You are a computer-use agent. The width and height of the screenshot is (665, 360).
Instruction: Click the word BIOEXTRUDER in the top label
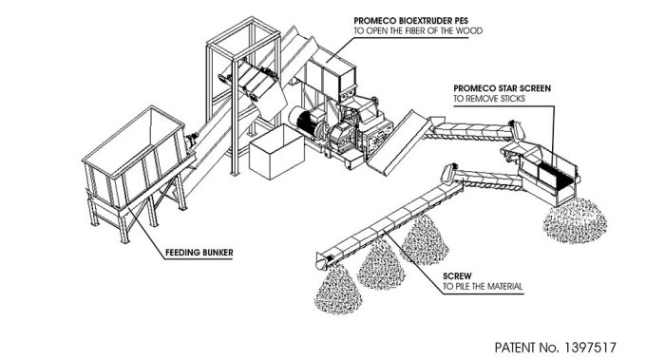[425, 20]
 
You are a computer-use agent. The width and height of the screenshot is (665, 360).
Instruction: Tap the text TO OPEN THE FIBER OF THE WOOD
[418, 30]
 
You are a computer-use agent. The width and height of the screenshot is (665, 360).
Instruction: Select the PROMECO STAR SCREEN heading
[503, 88]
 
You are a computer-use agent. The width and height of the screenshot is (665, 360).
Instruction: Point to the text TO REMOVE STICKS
[489, 99]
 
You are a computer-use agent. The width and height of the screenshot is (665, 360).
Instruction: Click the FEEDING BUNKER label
[199, 253]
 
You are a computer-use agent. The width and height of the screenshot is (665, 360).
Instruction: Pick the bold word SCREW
[457, 276]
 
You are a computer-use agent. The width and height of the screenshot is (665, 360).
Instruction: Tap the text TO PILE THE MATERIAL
[483, 286]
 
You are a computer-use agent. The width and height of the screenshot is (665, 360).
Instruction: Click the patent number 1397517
[590, 348]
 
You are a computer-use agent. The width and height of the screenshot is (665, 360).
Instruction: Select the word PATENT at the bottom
[515, 348]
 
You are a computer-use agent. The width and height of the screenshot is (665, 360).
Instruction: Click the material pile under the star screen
[575, 220]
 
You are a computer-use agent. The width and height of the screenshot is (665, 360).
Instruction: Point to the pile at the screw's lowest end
[338, 290]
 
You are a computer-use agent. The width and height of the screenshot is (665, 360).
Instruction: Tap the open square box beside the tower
[276, 152]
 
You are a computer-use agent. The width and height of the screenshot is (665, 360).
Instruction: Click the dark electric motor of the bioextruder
[307, 123]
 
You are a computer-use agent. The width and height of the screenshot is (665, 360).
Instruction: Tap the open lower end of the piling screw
[322, 261]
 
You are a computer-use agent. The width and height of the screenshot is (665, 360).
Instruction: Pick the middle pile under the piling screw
[381, 265]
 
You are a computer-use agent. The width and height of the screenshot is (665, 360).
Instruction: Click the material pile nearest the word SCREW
[426, 239]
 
